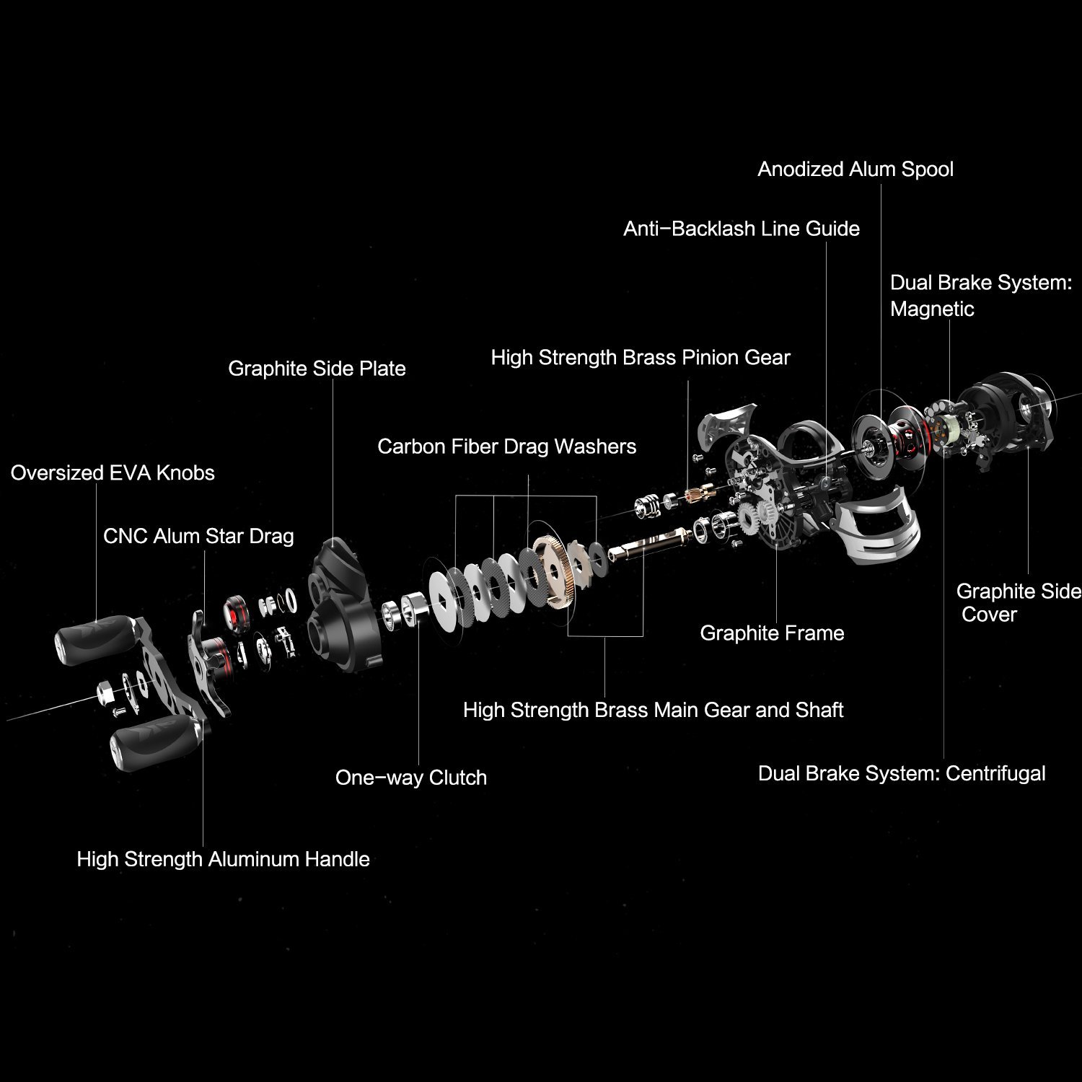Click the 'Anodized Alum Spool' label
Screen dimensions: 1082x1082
[856, 170]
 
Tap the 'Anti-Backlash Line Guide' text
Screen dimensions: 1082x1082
[742, 229]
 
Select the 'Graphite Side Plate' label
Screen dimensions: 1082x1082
[317, 369]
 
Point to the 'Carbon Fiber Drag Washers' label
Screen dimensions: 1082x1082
[506, 447]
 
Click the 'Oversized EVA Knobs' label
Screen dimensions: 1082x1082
[113, 473]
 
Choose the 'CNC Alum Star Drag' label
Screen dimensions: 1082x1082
[198, 537]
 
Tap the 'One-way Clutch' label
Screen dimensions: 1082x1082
[411, 778]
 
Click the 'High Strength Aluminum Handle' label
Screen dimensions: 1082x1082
[223, 859]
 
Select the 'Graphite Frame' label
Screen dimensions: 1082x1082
[772, 633]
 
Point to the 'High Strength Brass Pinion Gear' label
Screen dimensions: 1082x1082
[641, 358]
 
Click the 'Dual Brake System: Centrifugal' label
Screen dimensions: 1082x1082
[902, 774]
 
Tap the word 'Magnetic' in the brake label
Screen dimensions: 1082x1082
[932, 309]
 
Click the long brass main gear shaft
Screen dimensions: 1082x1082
[650, 542]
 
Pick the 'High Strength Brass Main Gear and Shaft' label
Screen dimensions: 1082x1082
[653, 711]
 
